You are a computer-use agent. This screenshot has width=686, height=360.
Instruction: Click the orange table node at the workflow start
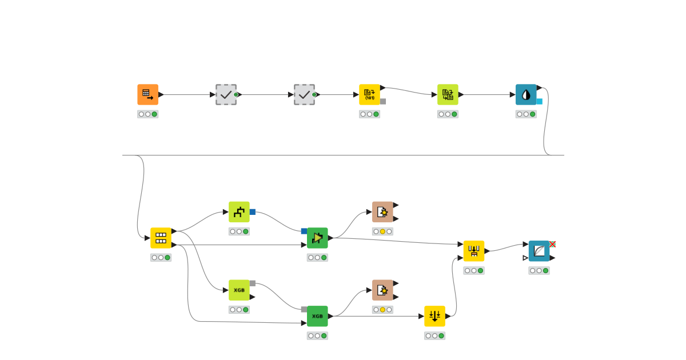point(147,94)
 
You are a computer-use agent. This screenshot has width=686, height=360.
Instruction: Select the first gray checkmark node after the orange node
point(226,94)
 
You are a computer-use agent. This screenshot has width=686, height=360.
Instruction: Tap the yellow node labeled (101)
point(369,94)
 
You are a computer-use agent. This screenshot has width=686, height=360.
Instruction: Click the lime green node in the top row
point(448,94)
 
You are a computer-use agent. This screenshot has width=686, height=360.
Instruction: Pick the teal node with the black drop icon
point(526,94)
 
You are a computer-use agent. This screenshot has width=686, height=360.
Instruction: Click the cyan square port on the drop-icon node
point(539,101)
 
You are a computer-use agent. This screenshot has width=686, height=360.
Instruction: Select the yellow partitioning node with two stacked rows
point(161,238)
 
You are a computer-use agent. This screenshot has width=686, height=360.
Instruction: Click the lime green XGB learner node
point(239,290)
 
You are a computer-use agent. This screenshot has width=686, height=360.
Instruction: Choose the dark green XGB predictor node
point(317,316)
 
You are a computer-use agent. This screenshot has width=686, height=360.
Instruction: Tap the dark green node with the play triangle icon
point(317,238)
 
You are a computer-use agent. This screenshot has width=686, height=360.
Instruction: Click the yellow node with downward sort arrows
point(434,316)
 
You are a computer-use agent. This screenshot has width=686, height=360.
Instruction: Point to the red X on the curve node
point(552,244)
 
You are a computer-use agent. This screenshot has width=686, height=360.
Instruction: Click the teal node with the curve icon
point(539,251)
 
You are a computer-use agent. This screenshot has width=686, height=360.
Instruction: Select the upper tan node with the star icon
point(382,211)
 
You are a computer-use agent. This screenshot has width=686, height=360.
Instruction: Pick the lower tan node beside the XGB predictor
point(382,290)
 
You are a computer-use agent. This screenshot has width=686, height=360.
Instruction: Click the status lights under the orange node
point(147,114)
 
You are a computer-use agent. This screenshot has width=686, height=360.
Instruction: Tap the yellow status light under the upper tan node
point(382,231)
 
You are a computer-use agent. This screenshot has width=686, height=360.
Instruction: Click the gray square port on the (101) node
point(383,101)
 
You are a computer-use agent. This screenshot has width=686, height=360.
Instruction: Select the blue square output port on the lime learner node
point(252,212)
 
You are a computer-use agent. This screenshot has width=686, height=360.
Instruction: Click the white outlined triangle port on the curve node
point(525,258)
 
